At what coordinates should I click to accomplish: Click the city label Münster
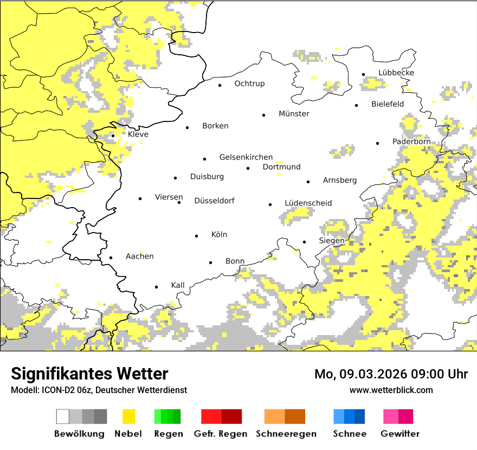[x=294, y=114]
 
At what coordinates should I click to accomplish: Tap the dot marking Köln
[x=197, y=236]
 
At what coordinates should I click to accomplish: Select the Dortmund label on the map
[x=281, y=167]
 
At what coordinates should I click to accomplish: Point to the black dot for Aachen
[x=111, y=258]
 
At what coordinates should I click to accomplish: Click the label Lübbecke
[x=396, y=73]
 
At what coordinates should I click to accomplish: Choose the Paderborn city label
[x=411, y=142]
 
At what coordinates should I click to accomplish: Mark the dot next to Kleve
[x=113, y=136]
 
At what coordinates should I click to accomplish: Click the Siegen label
[x=331, y=241]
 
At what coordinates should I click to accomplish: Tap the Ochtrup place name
[x=249, y=83]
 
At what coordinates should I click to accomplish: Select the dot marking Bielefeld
[x=357, y=105]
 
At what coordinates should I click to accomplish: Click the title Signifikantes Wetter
[x=89, y=374]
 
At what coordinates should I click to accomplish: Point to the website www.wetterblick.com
[x=391, y=390]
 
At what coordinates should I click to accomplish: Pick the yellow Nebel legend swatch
[x=129, y=416]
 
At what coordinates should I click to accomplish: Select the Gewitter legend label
[x=400, y=434]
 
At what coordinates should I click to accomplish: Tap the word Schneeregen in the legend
[x=286, y=434]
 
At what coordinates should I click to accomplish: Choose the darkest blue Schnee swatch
[x=360, y=416]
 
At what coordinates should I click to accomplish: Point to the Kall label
[x=178, y=285]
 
